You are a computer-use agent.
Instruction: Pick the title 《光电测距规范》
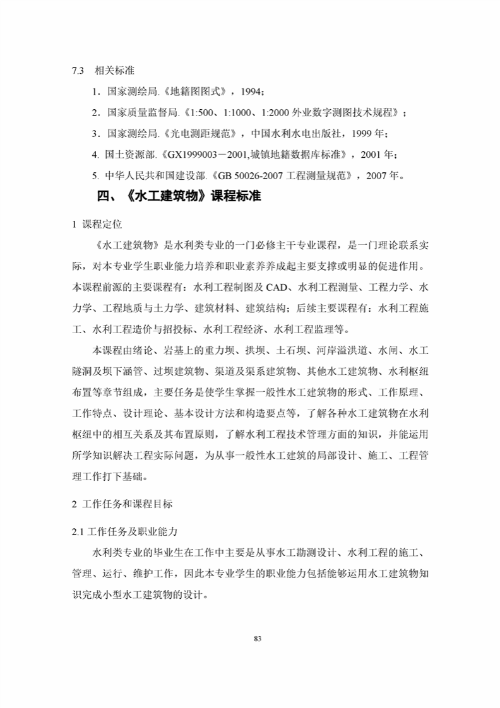pos(200,134)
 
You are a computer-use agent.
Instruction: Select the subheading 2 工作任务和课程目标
pos(122,504)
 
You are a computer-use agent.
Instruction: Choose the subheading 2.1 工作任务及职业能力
pos(126,532)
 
